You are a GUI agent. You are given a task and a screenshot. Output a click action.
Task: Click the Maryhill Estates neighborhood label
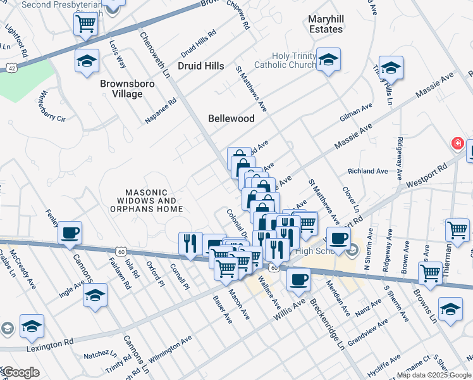[x=326, y=24]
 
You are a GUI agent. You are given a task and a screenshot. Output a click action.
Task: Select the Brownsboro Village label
[x=121, y=88]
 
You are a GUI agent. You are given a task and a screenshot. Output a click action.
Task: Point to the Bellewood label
[x=232, y=118]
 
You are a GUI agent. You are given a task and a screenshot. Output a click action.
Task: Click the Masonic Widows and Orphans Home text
[x=146, y=200]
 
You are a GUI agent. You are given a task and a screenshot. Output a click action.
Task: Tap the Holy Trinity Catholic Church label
[x=285, y=60]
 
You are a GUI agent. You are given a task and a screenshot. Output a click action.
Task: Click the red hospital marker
[x=457, y=144]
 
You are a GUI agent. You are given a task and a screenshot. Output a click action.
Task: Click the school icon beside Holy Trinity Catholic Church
[x=328, y=60]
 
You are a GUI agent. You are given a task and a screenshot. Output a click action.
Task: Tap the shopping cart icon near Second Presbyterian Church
[x=86, y=25]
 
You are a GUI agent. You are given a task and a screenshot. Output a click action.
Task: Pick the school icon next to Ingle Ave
[x=95, y=295]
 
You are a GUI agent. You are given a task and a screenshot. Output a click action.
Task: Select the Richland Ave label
[x=368, y=171]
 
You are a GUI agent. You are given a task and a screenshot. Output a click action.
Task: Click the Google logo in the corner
[x=21, y=372]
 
